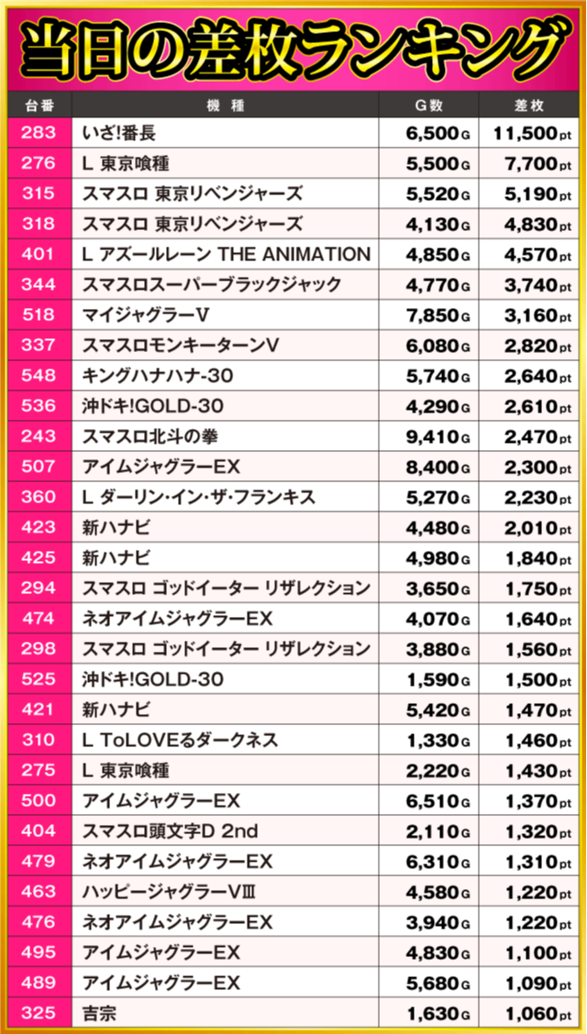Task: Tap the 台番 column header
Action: pyautogui.click(x=38, y=104)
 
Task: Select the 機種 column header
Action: pyautogui.click(x=225, y=104)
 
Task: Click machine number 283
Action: pyautogui.click(x=38, y=134)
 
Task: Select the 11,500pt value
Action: pyautogui.click(x=532, y=134)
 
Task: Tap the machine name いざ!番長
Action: pyautogui.click(x=119, y=134)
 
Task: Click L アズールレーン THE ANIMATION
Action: pyautogui.click(x=226, y=255)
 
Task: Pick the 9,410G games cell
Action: pyautogui.click(x=437, y=437)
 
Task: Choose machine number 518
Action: pyautogui.click(x=38, y=315)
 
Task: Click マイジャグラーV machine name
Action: pyautogui.click(x=147, y=315)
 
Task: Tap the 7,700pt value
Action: pyautogui.click(x=537, y=164)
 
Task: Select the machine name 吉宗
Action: pyautogui.click(x=99, y=1014)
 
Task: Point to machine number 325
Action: pyautogui.click(x=38, y=1014)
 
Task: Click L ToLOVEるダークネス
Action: pyautogui.click(x=180, y=741)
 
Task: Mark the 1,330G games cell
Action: pyautogui.click(x=437, y=741)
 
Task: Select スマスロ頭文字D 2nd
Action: pyautogui.click(x=170, y=831)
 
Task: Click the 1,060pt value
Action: pyautogui.click(x=537, y=1014)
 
